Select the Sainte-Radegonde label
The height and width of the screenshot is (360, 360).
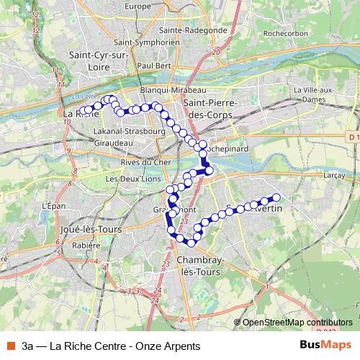tap(193, 30)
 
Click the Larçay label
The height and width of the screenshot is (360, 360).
tap(332, 175)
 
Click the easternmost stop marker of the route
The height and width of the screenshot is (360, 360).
tap(275, 197)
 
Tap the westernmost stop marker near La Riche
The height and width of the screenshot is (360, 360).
tap(81, 111)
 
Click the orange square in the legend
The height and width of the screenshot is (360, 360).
tap(11, 346)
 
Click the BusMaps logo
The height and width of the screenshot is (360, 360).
tap(326, 346)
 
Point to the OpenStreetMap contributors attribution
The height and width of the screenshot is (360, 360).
tap(297, 323)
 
